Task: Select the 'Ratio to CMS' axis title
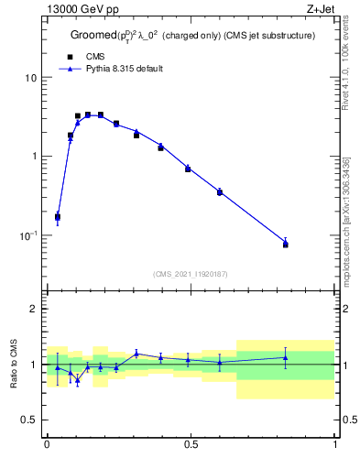coord(14,364)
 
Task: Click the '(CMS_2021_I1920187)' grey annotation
coord(190,273)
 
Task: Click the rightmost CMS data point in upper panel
coord(285,245)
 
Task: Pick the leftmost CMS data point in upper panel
coord(58,217)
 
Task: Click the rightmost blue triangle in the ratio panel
coord(285,358)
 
